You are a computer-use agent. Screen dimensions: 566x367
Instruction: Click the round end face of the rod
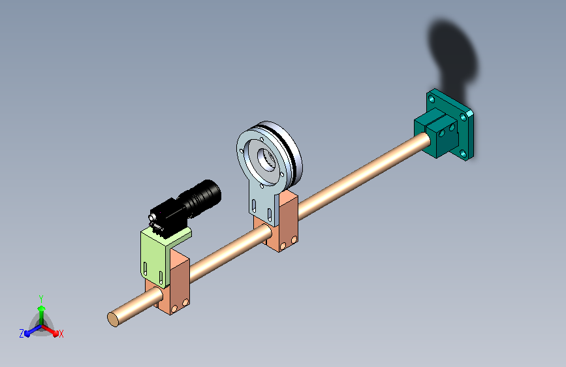(x=113, y=319)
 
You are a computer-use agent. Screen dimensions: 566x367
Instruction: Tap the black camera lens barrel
(x=202, y=197)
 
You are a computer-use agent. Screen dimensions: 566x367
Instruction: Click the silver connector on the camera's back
(x=153, y=217)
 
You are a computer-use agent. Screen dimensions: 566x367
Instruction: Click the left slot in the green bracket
(x=145, y=268)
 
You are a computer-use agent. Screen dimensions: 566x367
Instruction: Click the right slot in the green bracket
(x=161, y=278)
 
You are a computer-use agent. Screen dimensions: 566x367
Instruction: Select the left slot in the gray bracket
(x=254, y=206)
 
